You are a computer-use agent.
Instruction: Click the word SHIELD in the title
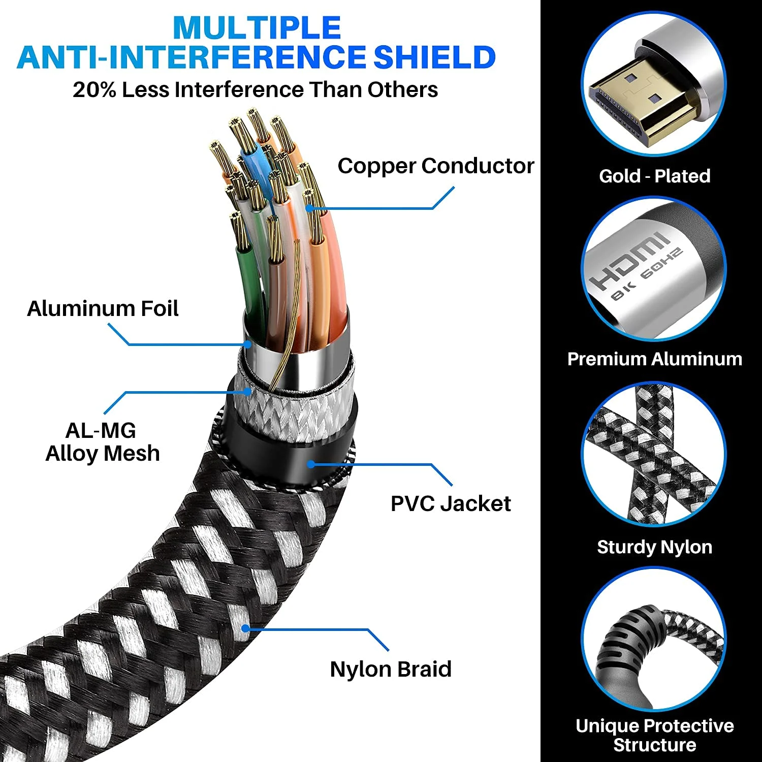[x=434, y=57]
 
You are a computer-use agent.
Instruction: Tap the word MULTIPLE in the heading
[x=257, y=27]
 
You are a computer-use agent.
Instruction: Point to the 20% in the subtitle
[x=94, y=90]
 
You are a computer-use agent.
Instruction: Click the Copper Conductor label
[x=436, y=166]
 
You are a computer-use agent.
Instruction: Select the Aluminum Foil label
[x=103, y=309]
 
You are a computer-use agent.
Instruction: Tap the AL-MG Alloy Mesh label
[x=103, y=442]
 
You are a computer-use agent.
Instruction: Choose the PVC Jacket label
[x=451, y=503]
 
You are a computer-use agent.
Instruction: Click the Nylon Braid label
[x=391, y=669]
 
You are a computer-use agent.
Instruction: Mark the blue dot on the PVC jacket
[x=311, y=464]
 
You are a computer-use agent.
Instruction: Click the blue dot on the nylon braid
[x=245, y=628]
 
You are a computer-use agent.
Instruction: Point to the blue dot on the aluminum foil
[x=248, y=344]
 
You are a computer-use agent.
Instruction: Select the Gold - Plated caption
[x=655, y=176]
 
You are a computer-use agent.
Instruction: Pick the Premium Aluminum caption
[x=655, y=359]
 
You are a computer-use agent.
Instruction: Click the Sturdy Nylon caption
[x=655, y=547]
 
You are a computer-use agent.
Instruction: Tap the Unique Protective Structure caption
[x=655, y=735]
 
